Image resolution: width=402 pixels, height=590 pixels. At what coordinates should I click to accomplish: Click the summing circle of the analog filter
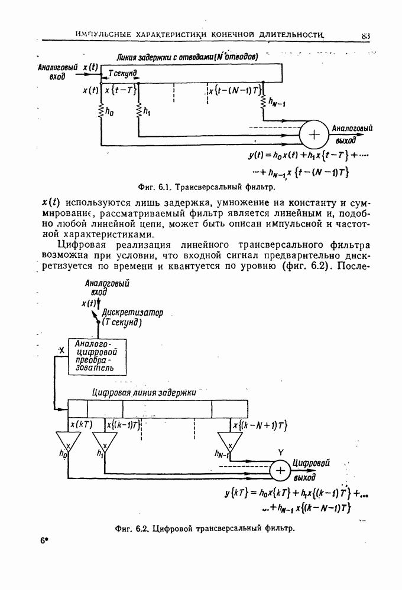coord(314,135)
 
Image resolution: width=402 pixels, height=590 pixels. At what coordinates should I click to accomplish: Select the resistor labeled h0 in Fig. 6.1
coord(102,110)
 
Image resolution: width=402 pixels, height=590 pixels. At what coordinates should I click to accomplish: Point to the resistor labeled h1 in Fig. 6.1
coord(138,110)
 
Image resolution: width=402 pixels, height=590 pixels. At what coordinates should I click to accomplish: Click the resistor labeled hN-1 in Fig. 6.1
coord(264,104)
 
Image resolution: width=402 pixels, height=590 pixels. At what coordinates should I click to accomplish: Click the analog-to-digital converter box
coord(99,356)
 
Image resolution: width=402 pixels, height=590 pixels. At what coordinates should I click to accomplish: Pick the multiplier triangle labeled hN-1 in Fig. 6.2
coord(229,441)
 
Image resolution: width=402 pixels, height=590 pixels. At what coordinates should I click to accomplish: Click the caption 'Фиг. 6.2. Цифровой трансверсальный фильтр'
coord(205,528)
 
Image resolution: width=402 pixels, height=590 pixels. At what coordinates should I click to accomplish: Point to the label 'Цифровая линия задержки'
coord(144,392)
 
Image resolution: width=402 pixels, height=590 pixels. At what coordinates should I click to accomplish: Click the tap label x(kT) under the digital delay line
coord(80,424)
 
